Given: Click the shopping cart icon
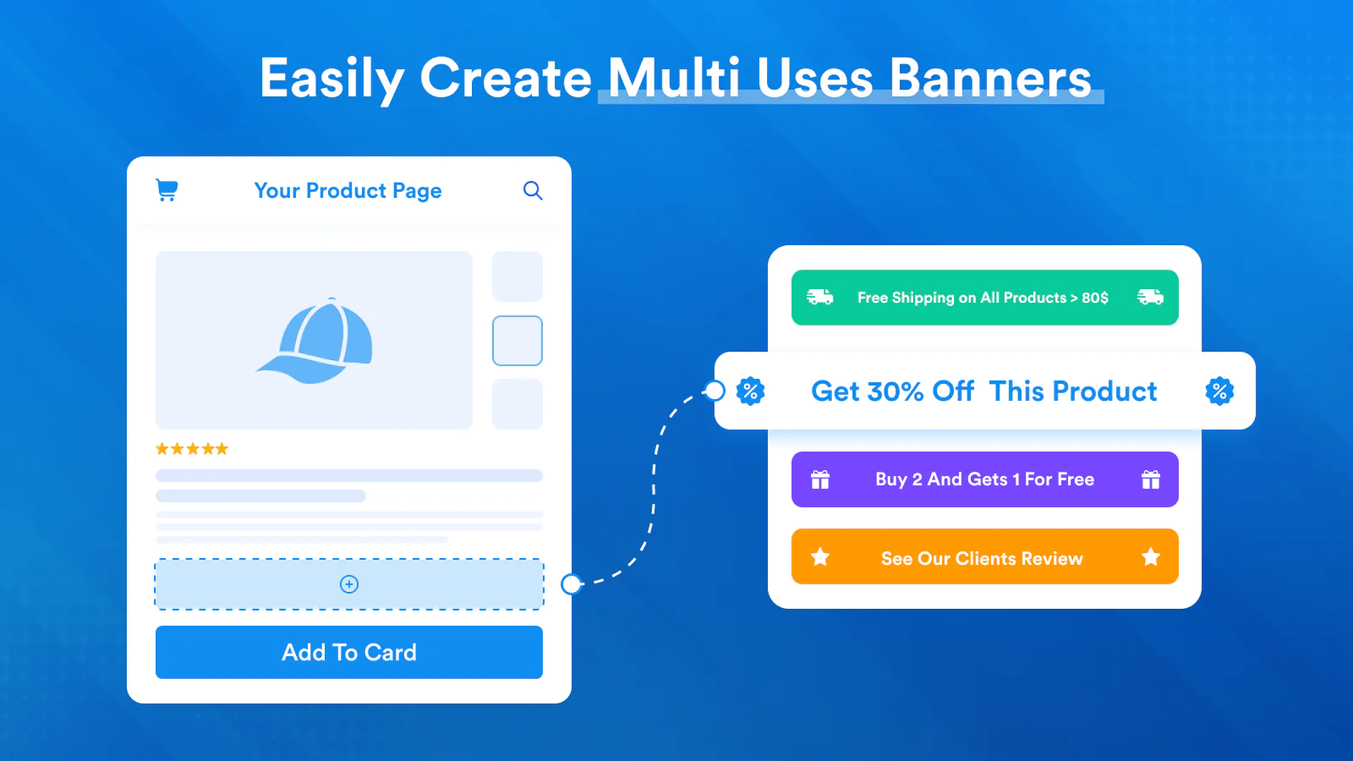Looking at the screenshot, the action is pos(167,190).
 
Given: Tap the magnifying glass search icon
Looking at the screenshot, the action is pos(533,191).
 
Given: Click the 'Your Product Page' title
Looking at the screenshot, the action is pos(348,191).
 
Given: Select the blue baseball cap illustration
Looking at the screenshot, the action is pos(315,341).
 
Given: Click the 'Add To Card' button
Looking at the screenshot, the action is pos(349,652).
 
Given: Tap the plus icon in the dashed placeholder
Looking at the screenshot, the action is pos(349,584).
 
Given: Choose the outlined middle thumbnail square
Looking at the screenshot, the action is pos(518,341).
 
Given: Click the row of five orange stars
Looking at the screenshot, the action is pos(192,449).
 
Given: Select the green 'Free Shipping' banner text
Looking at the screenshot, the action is pos(983,298).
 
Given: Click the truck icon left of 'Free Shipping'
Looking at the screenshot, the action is pos(820,297).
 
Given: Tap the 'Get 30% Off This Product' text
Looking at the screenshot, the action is pos(984,391).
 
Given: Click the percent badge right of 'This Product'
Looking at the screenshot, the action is pos(1219,391).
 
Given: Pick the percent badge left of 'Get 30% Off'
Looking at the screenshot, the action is pos(750,391).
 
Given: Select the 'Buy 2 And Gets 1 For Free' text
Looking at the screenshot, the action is pos(984,479).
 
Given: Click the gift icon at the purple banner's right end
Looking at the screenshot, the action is pos(1151,479).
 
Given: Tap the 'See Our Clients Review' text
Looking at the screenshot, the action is pos(982,559).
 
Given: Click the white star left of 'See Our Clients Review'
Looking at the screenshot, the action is pos(820,556).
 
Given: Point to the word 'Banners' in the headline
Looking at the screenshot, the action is pos(990,79).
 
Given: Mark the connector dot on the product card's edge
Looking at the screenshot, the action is pos(572,584).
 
